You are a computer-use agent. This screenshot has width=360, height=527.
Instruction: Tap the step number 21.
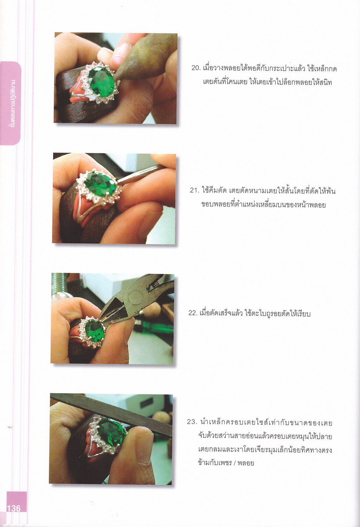coord(194,190)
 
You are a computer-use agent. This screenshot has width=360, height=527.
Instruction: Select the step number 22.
coord(193,313)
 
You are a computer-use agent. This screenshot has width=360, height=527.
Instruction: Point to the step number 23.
coord(191,422)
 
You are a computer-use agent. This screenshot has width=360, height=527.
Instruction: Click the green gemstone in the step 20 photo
coord(102,81)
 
